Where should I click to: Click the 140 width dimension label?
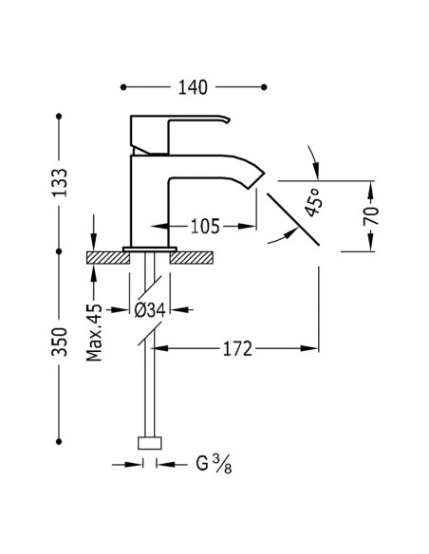click(x=193, y=87)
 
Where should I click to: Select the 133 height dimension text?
click(x=60, y=182)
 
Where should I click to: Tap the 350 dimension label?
click(x=60, y=342)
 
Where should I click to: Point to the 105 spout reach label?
click(x=205, y=226)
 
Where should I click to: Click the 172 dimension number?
click(x=237, y=349)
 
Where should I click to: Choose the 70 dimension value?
click(x=371, y=216)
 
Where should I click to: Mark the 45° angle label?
click(x=313, y=202)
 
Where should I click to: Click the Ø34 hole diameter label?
click(x=150, y=310)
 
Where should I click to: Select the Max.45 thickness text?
click(x=94, y=332)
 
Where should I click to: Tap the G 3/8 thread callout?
click(x=214, y=463)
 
